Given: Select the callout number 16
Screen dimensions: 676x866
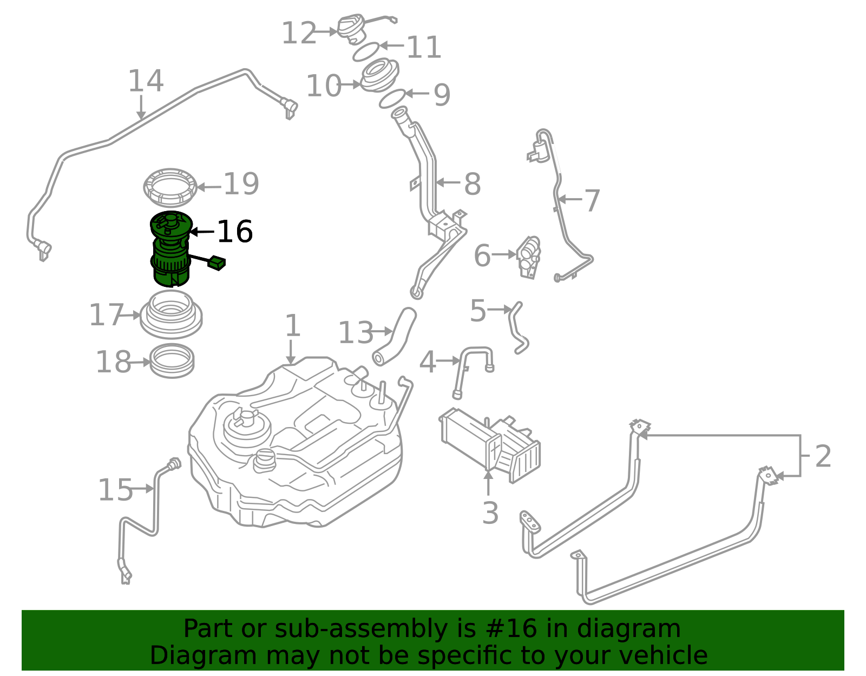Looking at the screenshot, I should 234,232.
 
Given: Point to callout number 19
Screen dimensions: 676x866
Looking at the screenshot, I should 241,184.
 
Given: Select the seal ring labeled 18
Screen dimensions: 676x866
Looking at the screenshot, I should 172,361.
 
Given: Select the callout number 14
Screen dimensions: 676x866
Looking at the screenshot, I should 145,81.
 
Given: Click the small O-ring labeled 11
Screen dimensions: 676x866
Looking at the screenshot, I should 366,52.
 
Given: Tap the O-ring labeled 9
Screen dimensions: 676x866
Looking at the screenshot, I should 392,99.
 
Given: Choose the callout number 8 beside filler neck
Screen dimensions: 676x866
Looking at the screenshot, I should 472,185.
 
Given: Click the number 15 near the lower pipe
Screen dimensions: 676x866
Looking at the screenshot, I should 115,490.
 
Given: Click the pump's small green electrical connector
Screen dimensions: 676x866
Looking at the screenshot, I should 218,263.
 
